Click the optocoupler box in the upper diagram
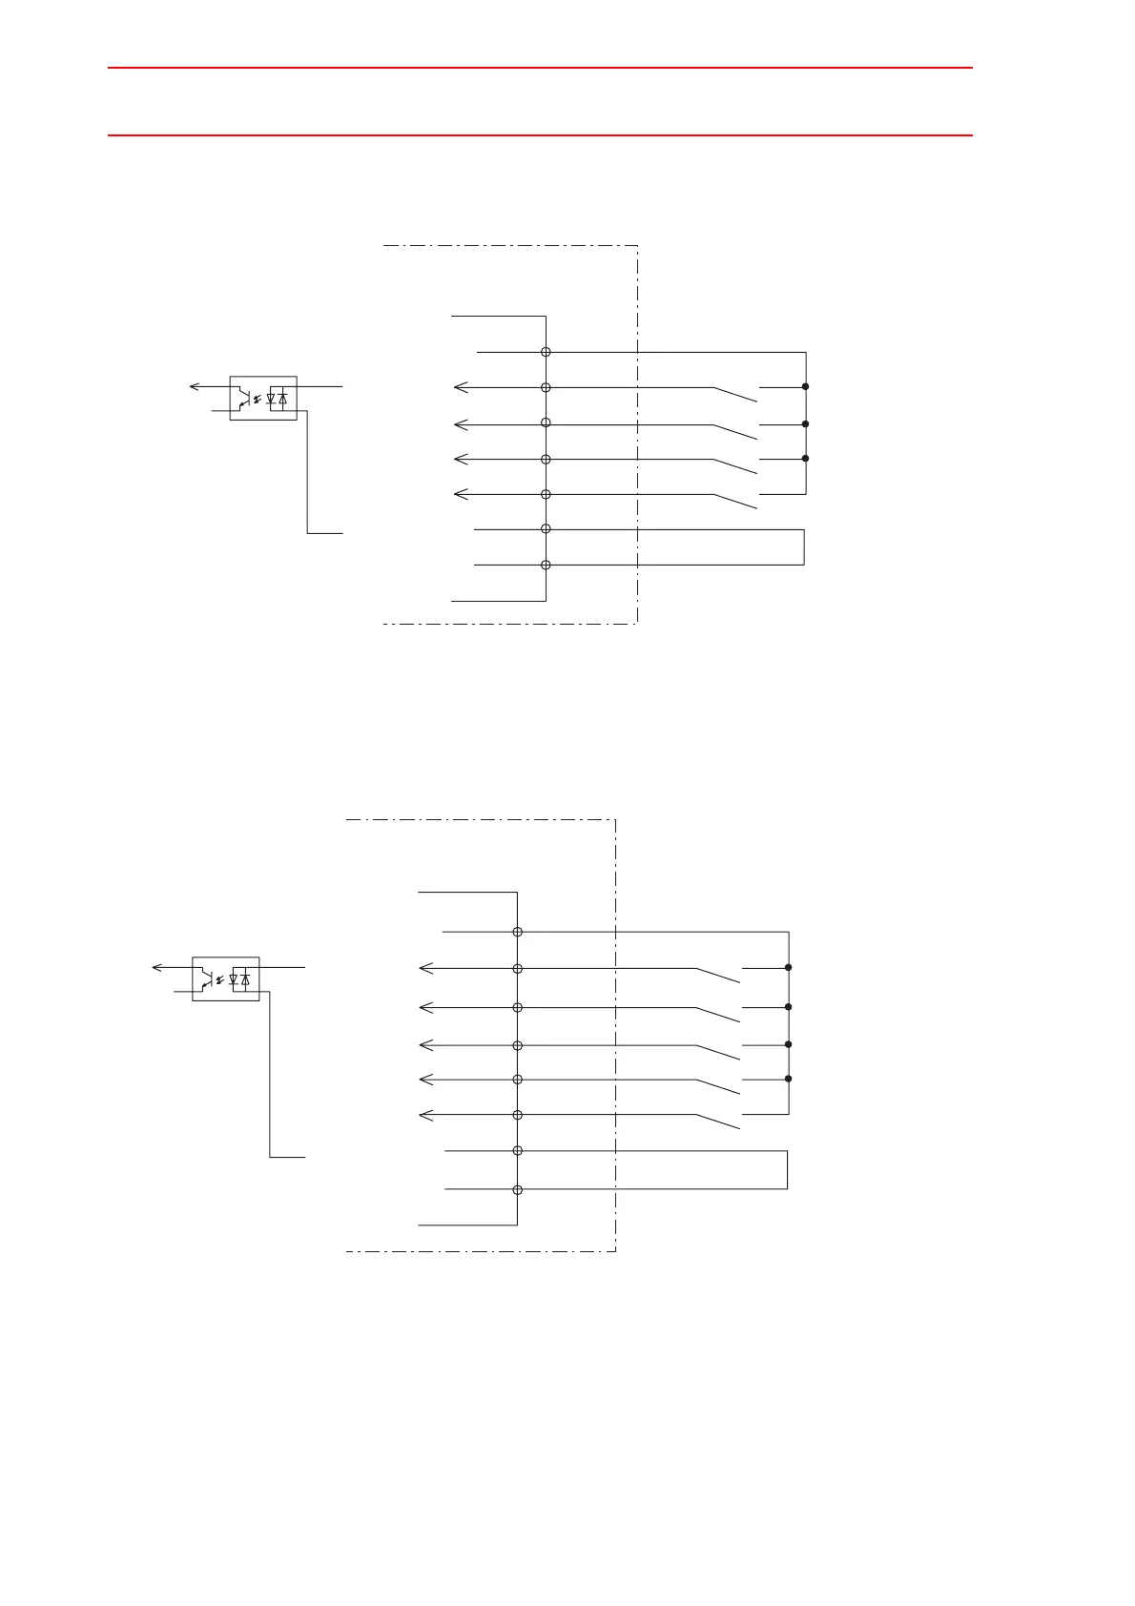263,398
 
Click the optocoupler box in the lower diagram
226,978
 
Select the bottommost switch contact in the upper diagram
734,501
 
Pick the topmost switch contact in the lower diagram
718,975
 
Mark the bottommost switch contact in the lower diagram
718,1121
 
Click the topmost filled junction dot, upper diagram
806,386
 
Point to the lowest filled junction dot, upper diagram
806,459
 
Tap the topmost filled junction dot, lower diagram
789,968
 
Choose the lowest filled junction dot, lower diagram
789,1080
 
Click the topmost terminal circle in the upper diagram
546,352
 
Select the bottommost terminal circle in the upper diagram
546,565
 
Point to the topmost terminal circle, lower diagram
518,932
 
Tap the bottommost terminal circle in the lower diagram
518,1189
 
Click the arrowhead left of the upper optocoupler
194,386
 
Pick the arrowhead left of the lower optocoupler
157,968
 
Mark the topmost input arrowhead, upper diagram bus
460,387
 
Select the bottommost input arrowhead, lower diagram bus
425,1115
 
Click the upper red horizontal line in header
540,68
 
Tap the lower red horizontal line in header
540,135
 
